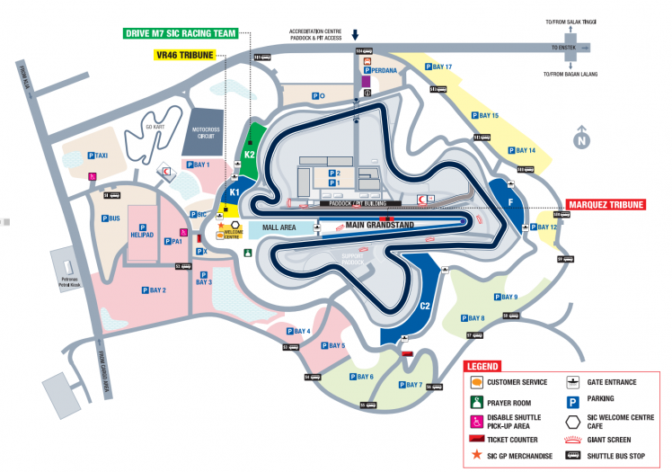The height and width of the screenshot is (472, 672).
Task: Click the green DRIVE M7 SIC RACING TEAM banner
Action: click(x=180, y=34)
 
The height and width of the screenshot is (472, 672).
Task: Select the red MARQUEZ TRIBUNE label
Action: click(x=606, y=205)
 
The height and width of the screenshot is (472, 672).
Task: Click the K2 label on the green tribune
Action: click(x=251, y=155)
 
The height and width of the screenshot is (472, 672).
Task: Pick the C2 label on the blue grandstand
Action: click(x=425, y=306)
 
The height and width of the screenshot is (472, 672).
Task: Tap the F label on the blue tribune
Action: click(x=511, y=202)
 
